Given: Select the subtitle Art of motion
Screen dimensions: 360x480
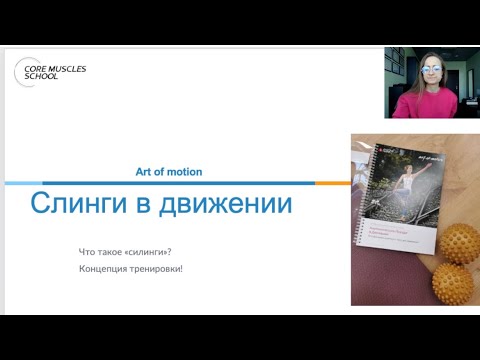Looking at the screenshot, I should [168, 172].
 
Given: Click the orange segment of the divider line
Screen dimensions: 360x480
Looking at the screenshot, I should [330, 183].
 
